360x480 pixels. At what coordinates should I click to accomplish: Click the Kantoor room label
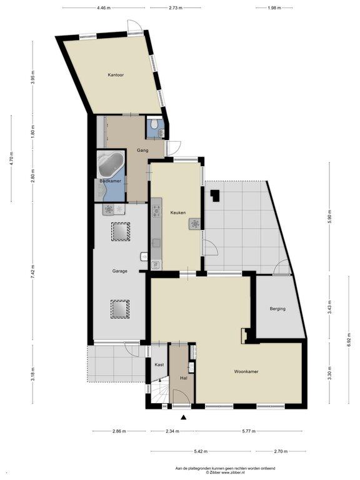[116, 75]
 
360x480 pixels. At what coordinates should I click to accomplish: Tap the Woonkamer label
[246, 372]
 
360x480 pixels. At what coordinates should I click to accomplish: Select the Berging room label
[277, 309]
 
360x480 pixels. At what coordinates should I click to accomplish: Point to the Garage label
[119, 271]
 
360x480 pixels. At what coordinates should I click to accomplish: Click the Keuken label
[178, 212]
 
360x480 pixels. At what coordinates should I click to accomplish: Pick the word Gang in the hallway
[142, 150]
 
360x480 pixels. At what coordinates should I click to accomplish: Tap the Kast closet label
[159, 364]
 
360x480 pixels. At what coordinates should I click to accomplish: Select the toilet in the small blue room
[155, 123]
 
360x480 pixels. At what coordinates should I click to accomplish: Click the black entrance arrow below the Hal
[184, 417]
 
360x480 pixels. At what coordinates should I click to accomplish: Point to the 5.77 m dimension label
[249, 431]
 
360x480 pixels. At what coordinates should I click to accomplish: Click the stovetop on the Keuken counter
[157, 211]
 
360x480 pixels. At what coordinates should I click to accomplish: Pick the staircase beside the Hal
[160, 392]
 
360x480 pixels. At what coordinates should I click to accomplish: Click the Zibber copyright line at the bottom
[225, 472]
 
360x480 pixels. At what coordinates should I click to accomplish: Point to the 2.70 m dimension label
[281, 451]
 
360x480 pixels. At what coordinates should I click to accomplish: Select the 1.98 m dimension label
[274, 8]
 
